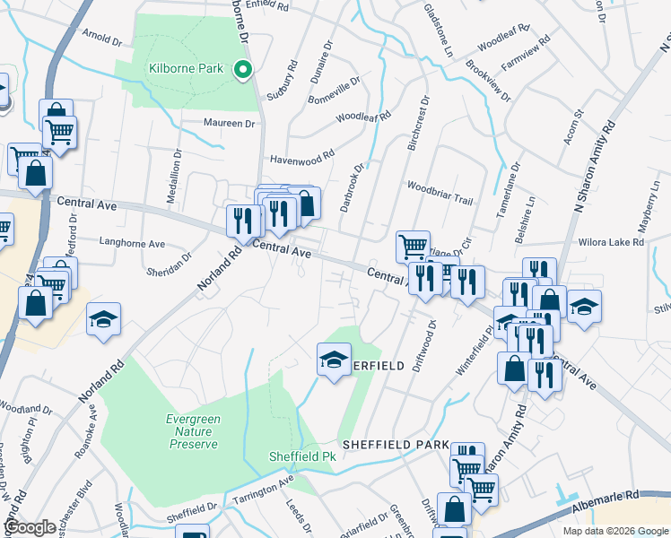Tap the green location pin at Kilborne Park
coord(241,68)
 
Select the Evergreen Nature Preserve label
coord(205,430)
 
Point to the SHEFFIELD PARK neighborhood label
coord(394,445)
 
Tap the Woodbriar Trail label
coord(439,187)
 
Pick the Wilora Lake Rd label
coord(613,242)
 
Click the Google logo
coord(30,527)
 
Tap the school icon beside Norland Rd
coord(104,319)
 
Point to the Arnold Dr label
coord(101,39)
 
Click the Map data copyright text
coord(614,531)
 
